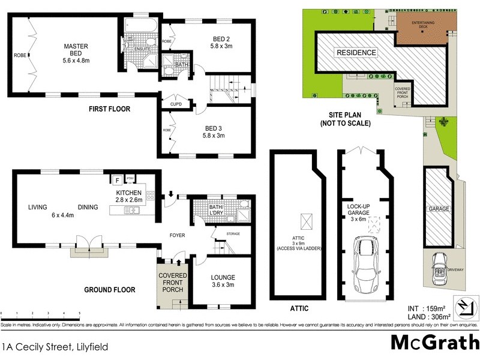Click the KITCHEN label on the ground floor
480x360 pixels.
[129, 193]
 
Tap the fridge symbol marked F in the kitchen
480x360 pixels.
[118, 179]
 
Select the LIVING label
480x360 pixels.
[37, 208]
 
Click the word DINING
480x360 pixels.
[88, 208]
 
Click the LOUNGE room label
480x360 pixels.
[223, 278]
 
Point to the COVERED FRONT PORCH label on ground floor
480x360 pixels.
[173, 283]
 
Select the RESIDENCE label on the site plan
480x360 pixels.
[356, 53]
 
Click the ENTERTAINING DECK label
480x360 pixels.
[427, 25]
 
